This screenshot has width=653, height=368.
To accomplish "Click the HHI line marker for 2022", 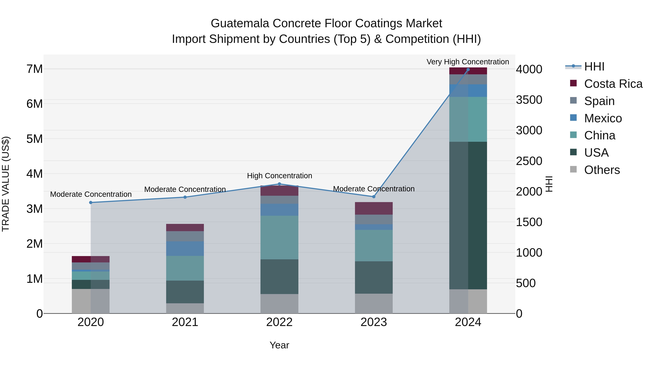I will pyautogui.click(x=279, y=184).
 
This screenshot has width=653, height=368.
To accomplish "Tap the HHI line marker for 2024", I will pyautogui.click(x=468, y=70).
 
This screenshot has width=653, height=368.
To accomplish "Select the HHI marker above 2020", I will pyautogui.click(x=91, y=202).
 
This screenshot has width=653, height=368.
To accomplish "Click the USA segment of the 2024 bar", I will pyautogui.click(x=468, y=215).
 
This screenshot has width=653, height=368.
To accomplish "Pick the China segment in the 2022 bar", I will pyautogui.click(x=279, y=238).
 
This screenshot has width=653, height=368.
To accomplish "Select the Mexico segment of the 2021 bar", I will pyautogui.click(x=185, y=248).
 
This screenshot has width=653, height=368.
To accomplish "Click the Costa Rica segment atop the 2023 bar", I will pyautogui.click(x=374, y=208).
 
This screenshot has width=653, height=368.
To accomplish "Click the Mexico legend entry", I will pyautogui.click(x=603, y=118).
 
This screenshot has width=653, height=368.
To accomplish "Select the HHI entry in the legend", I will pyautogui.click(x=594, y=67).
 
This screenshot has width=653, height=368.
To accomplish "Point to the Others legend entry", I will pyautogui.click(x=602, y=170).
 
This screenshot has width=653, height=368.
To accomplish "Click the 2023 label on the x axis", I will pyautogui.click(x=374, y=322).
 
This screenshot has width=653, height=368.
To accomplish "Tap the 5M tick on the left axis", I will pyautogui.click(x=34, y=139).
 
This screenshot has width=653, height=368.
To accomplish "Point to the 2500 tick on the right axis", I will pyautogui.click(x=529, y=161).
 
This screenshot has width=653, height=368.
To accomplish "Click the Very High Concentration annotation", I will pyautogui.click(x=468, y=62).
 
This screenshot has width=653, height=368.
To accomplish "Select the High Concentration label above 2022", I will pyautogui.click(x=279, y=176).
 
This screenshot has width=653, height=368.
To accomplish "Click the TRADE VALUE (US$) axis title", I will pyautogui.click(x=6, y=184).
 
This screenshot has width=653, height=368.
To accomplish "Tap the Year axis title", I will pyautogui.click(x=279, y=345).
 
